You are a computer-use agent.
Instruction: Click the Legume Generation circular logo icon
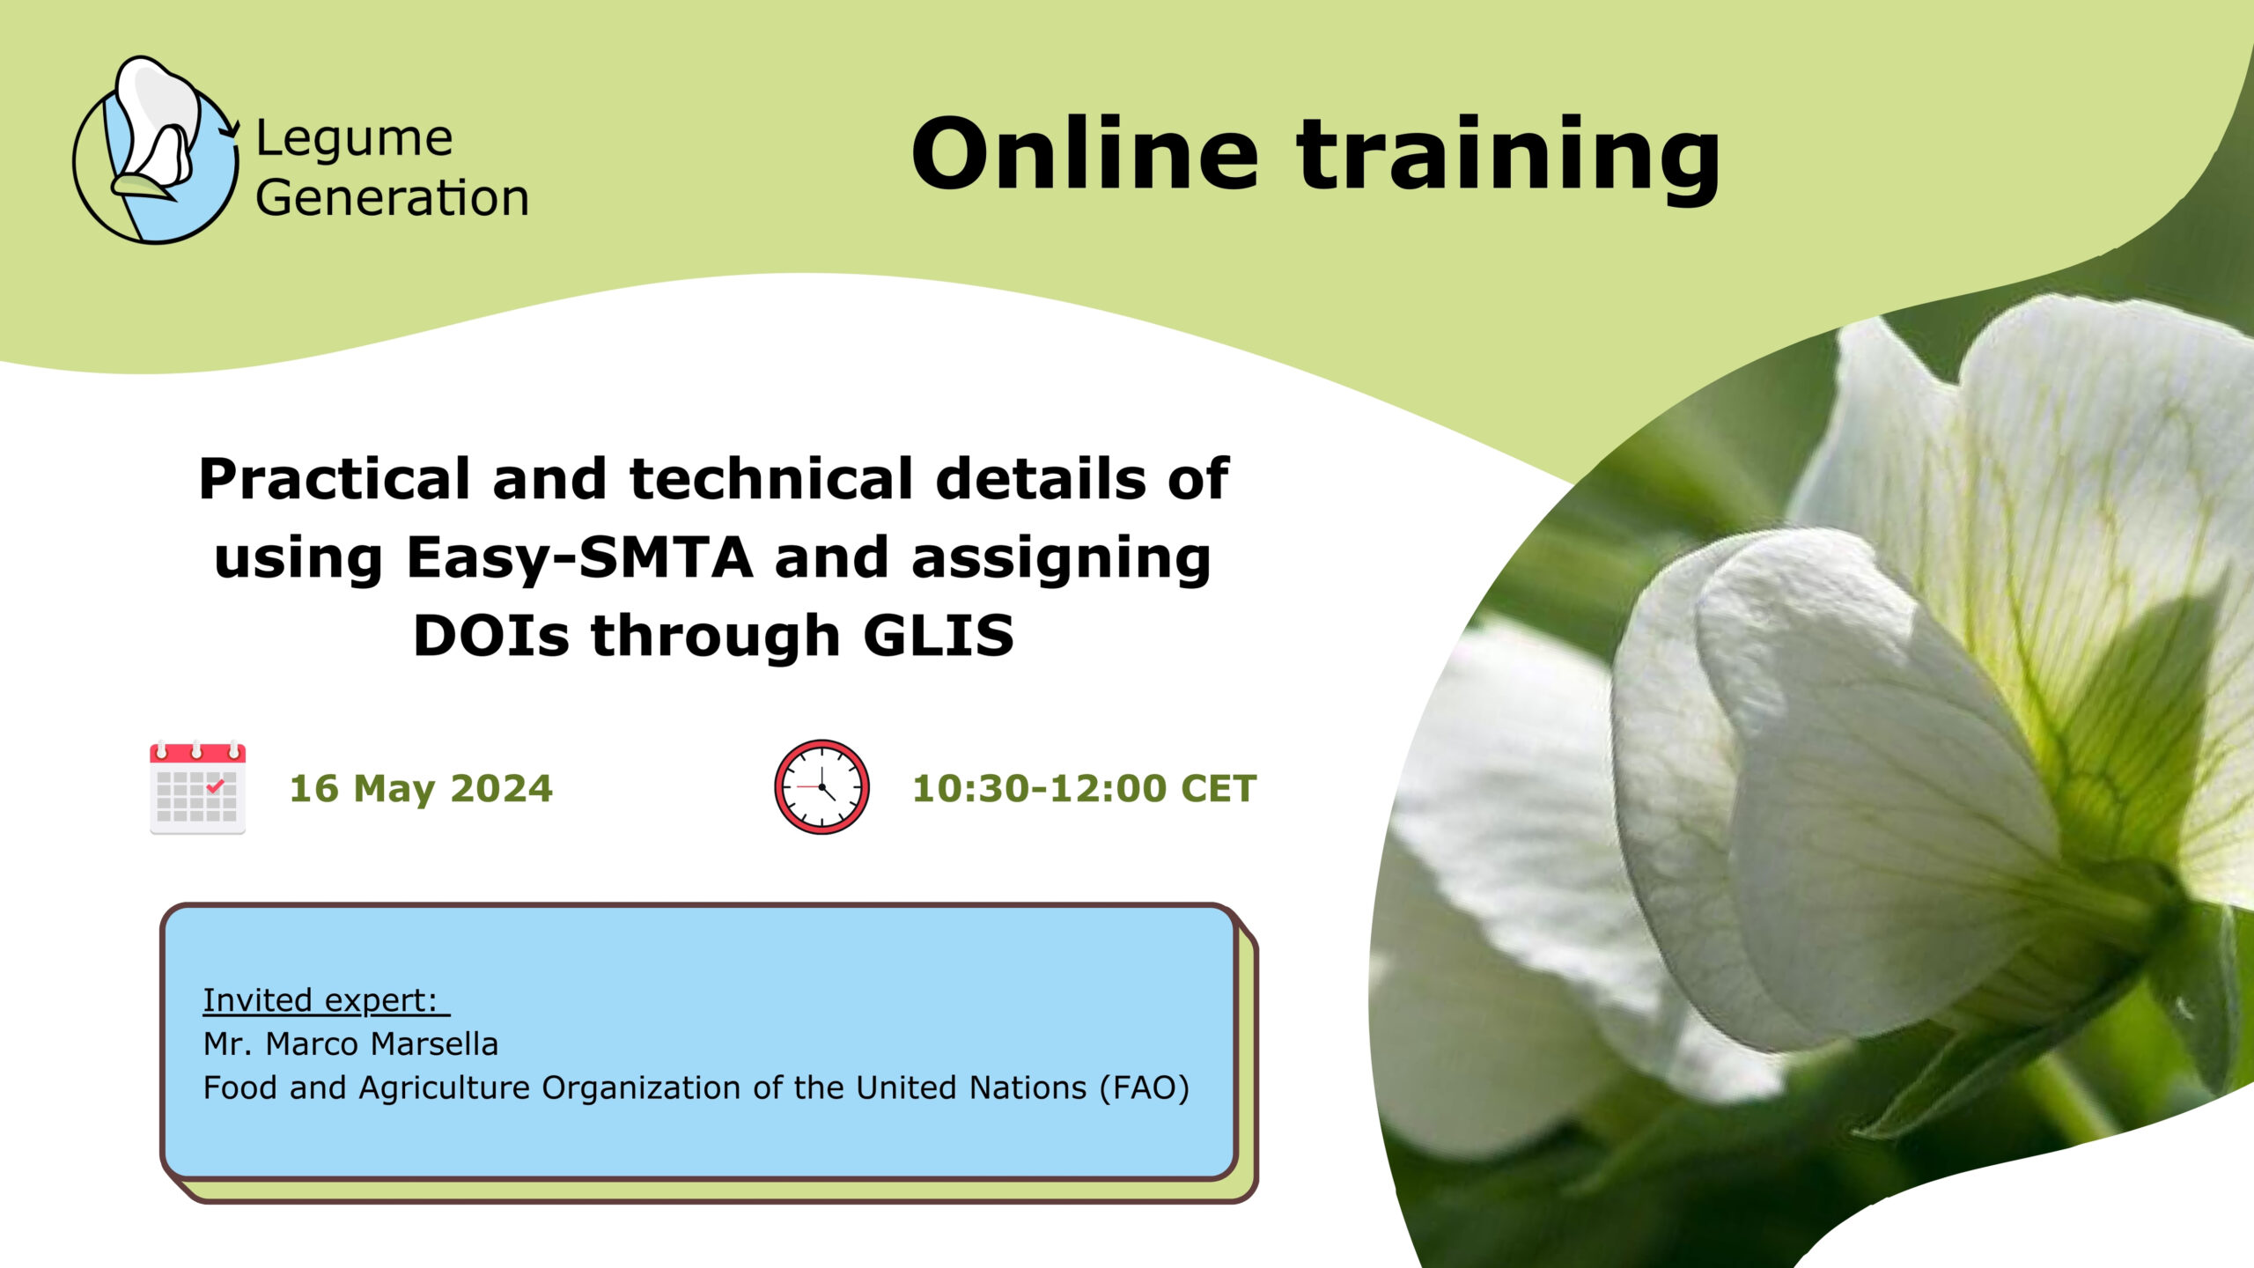click(156, 150)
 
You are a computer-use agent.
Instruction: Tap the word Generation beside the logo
click(393, 197)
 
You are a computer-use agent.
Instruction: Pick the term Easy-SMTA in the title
click(580, 557)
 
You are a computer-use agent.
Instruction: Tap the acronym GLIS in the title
click(939, 635)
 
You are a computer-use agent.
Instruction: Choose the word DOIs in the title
click(491, 635)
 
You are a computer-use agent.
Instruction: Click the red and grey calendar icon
click(197, 788)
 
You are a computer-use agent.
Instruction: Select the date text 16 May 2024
click(421, 789)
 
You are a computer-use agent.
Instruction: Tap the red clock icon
click(821, 786)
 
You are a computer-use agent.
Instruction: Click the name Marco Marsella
click(381, 1043)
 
